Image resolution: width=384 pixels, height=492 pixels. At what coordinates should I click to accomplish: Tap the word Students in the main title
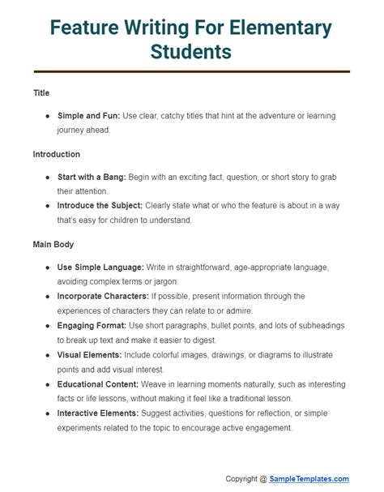tap(191, 53)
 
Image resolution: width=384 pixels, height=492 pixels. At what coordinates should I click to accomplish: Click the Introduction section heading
tap(56, 154)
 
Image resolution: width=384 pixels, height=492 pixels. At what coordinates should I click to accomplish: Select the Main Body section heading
tap(53, 243)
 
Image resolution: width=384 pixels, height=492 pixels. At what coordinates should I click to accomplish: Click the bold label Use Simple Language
tap(100, 267)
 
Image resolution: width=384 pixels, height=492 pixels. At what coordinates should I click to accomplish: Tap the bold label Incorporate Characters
tap(105, 296)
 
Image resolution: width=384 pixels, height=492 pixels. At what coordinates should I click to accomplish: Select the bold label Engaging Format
tap(92, 325)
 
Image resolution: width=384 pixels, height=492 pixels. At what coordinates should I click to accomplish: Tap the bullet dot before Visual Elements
tap(48, 354)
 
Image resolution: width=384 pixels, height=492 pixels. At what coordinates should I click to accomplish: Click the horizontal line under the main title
tap(191, 73)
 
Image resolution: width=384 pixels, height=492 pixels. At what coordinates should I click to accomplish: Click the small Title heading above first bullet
tap(41, 93)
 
